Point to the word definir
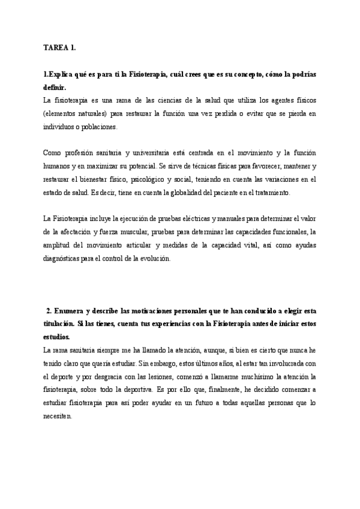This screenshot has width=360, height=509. coord(55,87)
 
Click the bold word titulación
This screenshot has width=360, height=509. coord(61,324)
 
